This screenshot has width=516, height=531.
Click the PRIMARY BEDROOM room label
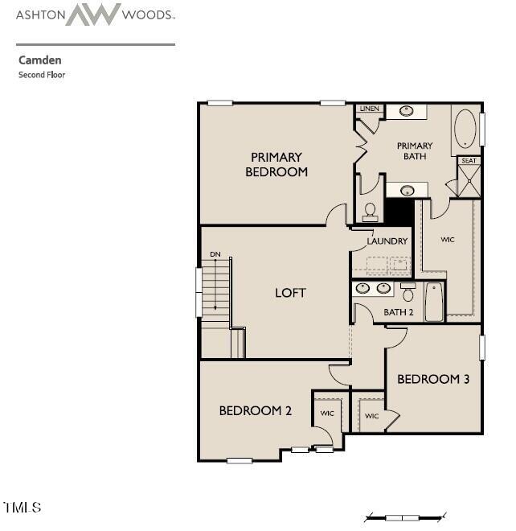point(276,164)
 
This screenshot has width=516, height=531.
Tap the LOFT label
point(290,293)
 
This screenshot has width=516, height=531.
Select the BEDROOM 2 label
point(255,411)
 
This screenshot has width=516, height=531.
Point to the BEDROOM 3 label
point(433,379)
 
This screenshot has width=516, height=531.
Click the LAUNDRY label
point(387,241)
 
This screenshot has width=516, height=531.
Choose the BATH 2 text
point(398,312)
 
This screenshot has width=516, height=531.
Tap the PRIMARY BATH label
point(415,151)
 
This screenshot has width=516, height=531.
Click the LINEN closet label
point(369,109)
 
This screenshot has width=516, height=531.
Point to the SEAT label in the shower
point(469,161)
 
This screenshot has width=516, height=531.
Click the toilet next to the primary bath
point(371,211)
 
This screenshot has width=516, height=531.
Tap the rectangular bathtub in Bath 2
point(434,302)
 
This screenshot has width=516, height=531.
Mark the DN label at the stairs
point(215,254)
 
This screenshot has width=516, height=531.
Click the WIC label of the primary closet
point(448,240)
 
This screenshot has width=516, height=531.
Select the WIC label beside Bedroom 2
point(327,414)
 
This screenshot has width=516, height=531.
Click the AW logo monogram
point(92,14)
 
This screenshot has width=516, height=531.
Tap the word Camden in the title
point(39,60)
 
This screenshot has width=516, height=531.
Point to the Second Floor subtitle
point(42,75)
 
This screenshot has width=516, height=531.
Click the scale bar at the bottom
point(405,517)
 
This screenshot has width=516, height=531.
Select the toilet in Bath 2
point(407,293)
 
